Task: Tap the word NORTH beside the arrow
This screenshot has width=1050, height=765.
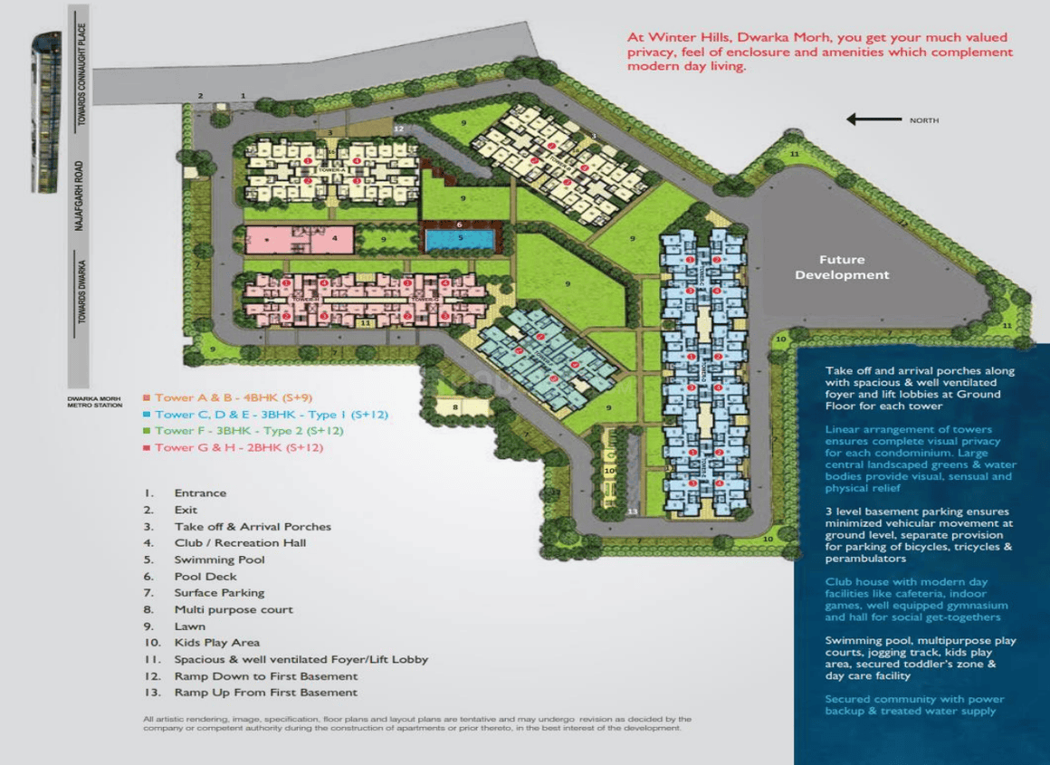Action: point(924,120)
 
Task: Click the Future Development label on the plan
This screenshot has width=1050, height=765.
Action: point(842,267)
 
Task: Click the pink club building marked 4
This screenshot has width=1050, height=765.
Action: point(298,240)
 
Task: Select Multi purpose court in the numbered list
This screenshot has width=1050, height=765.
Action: point(234,609)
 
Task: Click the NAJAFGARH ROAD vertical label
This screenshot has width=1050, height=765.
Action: point(80,196)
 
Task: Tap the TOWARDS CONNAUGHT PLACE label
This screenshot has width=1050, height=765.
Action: point(81,68)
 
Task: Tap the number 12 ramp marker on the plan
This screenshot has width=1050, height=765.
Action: point(398,129)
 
